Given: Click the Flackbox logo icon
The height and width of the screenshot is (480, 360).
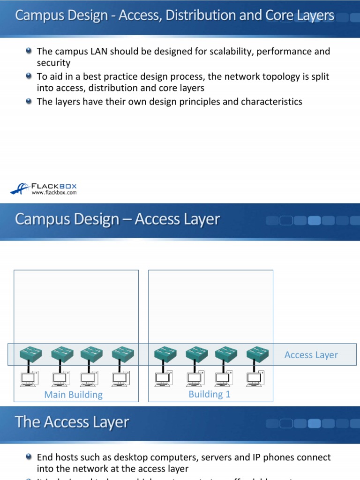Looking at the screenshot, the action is (20, 188).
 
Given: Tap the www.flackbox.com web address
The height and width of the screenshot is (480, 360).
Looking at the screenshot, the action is (54, 192).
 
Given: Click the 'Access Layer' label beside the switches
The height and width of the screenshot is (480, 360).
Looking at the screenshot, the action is (311, 355).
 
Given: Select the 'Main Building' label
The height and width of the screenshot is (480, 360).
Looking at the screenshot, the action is (73, 395).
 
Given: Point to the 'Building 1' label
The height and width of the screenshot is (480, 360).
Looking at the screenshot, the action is (210, 394).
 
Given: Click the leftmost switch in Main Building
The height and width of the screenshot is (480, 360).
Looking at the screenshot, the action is (31, 354).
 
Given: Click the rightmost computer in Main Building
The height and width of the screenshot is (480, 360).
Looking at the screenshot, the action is (120, 378).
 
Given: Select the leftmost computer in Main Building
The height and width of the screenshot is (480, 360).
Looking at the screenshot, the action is (29, 378).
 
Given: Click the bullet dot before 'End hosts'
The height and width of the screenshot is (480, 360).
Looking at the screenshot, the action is (30, 456).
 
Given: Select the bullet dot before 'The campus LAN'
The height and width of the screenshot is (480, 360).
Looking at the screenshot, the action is (30, 51).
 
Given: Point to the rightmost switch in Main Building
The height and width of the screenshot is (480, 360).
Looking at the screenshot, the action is (122, 354).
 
